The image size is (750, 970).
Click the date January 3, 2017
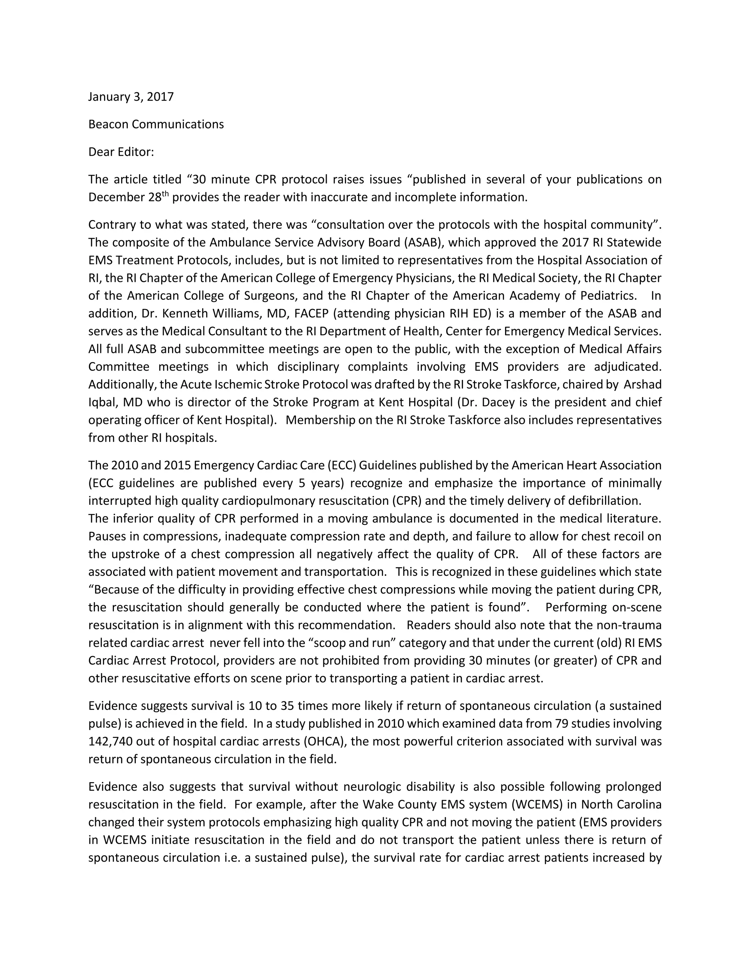[x=131, y=97]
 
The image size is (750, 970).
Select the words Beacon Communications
[x=156, y=124]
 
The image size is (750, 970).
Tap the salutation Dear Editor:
[x=121, y=152]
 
